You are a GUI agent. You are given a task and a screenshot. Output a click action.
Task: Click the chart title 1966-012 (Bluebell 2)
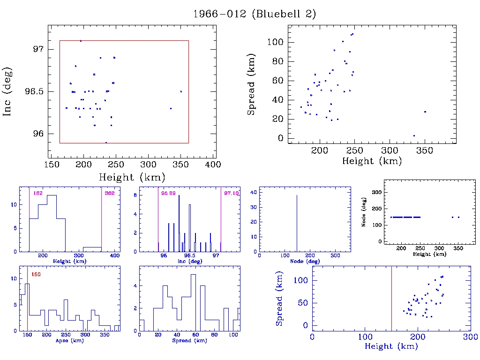(255, 14)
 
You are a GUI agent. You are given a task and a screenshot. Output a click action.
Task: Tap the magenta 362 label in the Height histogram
(110, 193)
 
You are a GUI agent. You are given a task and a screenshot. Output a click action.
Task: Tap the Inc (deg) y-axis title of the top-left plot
(8, 91)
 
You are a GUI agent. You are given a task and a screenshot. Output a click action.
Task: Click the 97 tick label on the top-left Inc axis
(38, 49)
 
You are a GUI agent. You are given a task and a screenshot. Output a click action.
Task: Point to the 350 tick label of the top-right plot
(425, 150)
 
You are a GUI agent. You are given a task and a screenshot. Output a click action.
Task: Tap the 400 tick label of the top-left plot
(214, 165)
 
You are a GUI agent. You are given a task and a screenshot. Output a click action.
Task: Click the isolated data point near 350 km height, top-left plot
(181, 91)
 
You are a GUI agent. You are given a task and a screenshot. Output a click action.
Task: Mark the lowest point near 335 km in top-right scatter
(414, 135)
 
